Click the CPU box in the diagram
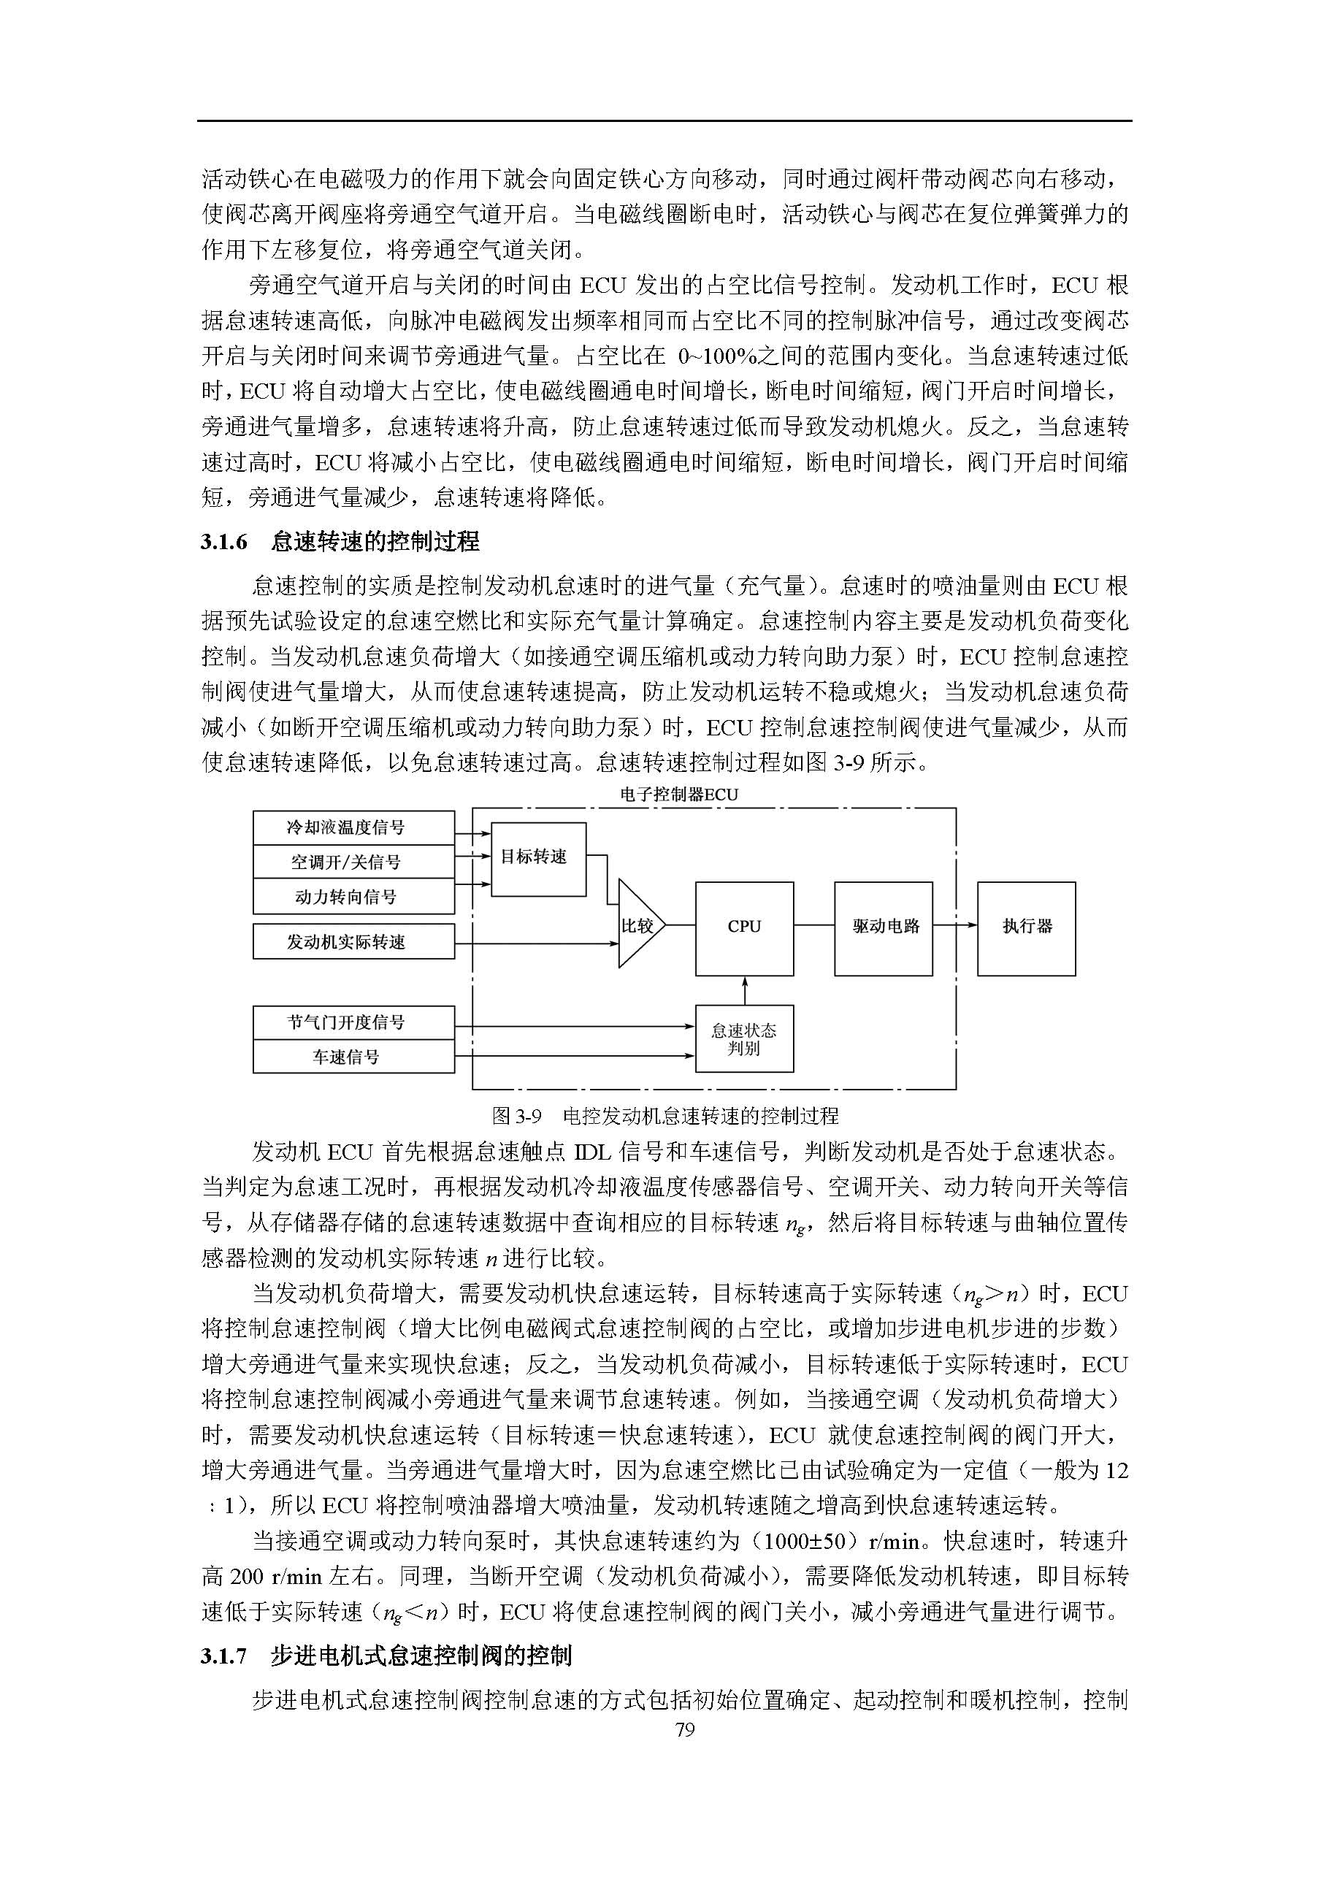pyautogui.click(x=744, y=928)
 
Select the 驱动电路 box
pyautogui.click(x=883, y=928)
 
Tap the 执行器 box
pyautogui.click(x=1026, y=928)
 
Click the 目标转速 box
pyautogui.click(x=537, y=859)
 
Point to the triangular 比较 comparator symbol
pyautogui.click(x=637, y=925)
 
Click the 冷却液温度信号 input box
pyautogui.click(x=353, y=827)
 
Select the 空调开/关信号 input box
pyautogui.click(x=353, y=862)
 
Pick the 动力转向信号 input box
pyautogui.click(x=353, y=897)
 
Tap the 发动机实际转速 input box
pyautogui.click(x=353, y=942)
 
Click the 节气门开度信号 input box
pyautogui.click(x=353, y=1022)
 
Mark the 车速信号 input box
pyautogui.click(x=353, y=1057)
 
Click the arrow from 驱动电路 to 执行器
pyautogui.click(x=955, y=925)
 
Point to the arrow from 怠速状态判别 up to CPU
pyautogui.click(x=744, y=990)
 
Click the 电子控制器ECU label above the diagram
pyautogui.click(x=678, y=795)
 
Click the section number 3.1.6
pyautogui.click(x=223, y=542)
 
